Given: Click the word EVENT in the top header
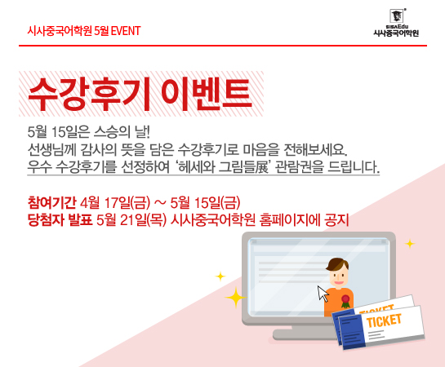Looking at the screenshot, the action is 126,31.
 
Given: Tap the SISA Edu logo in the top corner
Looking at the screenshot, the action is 396,23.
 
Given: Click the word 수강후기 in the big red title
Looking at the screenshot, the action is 88,94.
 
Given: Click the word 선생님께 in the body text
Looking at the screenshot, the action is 51,150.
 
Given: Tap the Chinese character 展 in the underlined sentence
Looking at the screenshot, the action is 261,167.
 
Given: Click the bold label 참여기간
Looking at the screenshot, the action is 51,202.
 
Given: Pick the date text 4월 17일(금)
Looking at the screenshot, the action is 115,202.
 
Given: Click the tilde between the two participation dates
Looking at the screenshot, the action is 160,202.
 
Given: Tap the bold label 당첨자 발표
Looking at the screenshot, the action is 60,220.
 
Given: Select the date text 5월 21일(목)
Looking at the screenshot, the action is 131,220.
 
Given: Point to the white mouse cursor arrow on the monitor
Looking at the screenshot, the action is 323,294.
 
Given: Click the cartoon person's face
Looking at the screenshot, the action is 339,276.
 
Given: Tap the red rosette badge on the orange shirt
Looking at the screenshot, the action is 345,301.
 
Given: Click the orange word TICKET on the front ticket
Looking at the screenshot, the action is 384,321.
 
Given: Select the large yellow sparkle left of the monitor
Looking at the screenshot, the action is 235,298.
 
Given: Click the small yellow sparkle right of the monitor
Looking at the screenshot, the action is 410,244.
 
